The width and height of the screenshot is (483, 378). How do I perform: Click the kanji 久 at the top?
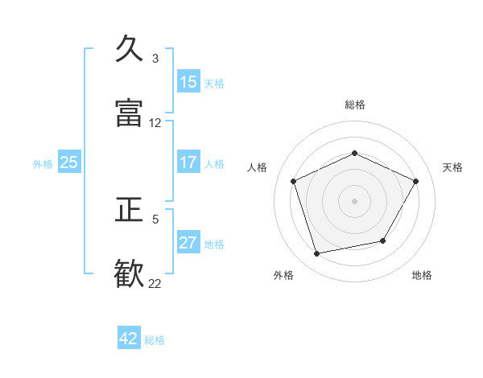[x=130, y=49]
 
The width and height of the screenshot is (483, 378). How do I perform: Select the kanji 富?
[x=130, y=113]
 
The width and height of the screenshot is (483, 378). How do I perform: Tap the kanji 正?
[x=130, y=210]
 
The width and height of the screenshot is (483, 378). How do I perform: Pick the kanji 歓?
[x=130, y=274]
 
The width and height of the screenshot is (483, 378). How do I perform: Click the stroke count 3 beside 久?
[x=155, y=59]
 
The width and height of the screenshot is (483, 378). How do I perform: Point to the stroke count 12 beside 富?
[x=155, y=123]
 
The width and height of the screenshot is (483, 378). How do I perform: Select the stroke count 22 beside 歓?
[x=155, y=283]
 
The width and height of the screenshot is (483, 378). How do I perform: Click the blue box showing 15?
[x=188, y=82]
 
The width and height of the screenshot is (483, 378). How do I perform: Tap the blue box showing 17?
[x=188, y=162]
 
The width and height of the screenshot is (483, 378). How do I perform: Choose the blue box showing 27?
[x=188, y=243]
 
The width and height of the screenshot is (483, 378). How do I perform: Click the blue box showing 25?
[x=68, y=162]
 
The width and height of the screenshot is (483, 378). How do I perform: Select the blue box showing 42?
[x=129, y=339]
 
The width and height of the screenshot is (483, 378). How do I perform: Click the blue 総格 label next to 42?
[x=155, y=340]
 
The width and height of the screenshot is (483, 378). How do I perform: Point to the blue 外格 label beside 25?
[x=43, y=164]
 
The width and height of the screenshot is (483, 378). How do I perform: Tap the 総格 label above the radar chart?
[x=354, y=105]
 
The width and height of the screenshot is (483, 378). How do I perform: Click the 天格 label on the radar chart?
[x=452, y=167]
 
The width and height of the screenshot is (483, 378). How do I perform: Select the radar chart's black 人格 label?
[x=257, y=167]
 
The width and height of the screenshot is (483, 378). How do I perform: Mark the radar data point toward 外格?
[x=317, y=254]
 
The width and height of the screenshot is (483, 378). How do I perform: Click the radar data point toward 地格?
[x=383, y=240]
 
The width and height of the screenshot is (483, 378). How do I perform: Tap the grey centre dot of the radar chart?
[x=354, y=200]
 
